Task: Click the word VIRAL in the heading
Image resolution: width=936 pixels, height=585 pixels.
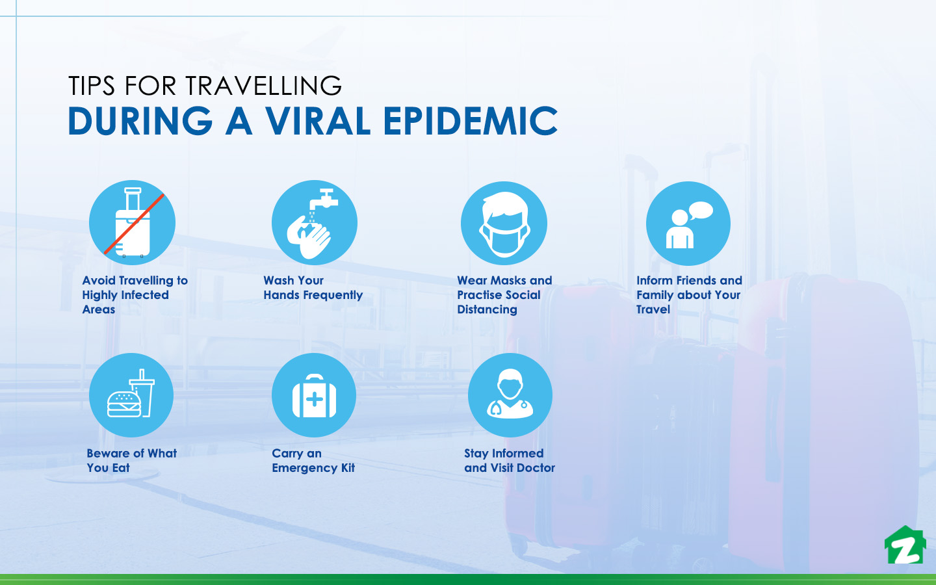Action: tap(317, 121)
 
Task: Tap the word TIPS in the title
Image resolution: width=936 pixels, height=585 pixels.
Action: tap(92, 86)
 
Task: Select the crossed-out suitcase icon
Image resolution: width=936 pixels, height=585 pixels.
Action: tap(132, 222)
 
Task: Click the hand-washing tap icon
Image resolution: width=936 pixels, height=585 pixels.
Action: tap(314, 222)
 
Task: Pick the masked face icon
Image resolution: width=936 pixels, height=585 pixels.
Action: tap(504, 224)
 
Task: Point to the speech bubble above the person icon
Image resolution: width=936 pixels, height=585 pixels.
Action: tap(701, 211)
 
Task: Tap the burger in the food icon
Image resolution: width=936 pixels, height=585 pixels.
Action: tap(123, 404)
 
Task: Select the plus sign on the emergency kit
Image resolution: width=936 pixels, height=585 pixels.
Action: tap(314, 399)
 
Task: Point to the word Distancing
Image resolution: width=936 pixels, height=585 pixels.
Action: tap(487, 309)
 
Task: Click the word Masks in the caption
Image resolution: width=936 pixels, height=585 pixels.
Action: tap(508, 281)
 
